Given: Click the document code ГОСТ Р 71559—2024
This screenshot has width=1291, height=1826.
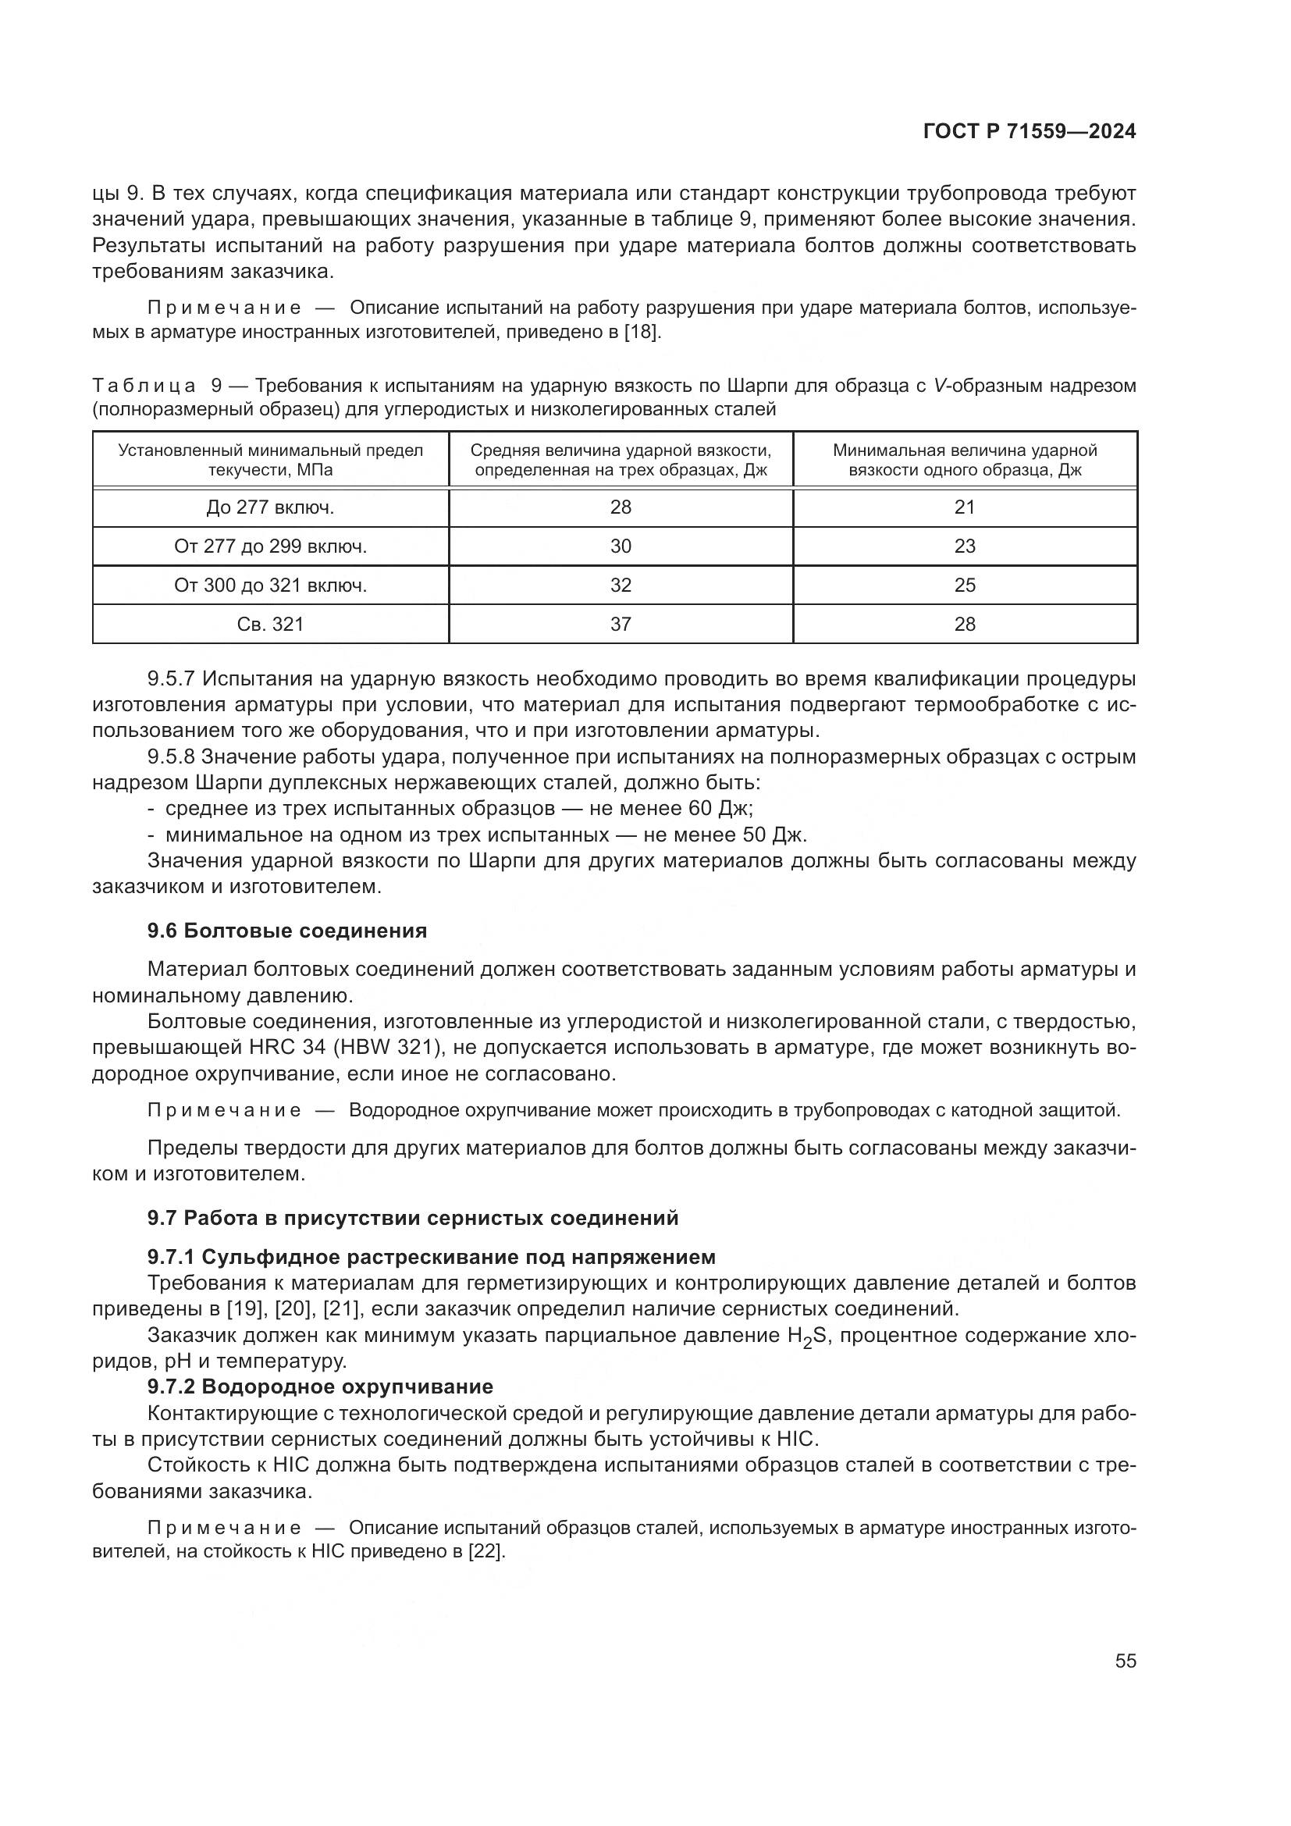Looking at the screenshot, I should coord(1030,132).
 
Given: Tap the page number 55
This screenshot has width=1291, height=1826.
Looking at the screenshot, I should coord(1125,1660).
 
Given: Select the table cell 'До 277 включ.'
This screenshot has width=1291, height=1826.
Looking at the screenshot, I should coord(270,507).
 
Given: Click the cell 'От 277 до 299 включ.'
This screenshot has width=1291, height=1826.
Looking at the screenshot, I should coord(270,546).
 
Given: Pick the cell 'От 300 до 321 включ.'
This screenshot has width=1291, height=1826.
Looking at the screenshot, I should coord(270,586).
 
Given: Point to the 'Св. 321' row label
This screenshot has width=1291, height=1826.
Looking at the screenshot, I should coord(270,625).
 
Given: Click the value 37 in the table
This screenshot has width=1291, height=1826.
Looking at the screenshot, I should coord(621,625).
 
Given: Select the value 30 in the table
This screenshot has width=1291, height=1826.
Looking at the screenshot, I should coord(621,546).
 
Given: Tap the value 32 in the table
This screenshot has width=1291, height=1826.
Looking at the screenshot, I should coord(621,586).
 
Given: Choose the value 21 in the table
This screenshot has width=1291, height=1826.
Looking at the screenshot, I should coord(964,507).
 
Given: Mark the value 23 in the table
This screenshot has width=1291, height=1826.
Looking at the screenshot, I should coord(964,546).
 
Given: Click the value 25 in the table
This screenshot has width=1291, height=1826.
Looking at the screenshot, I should coord(964,586).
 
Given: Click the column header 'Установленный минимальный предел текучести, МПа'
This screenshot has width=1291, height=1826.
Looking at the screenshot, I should coord(270,460).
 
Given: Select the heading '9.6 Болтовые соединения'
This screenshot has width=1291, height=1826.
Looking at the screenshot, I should coord(287,931).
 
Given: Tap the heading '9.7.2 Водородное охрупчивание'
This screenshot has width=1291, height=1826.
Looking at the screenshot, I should coord(319,1386).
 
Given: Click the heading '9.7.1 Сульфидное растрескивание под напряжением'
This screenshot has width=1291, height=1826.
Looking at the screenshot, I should coord(431,1257).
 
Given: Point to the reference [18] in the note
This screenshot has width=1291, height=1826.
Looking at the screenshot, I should coord(642,332).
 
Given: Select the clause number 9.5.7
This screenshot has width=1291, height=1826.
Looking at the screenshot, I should coord(172,679).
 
